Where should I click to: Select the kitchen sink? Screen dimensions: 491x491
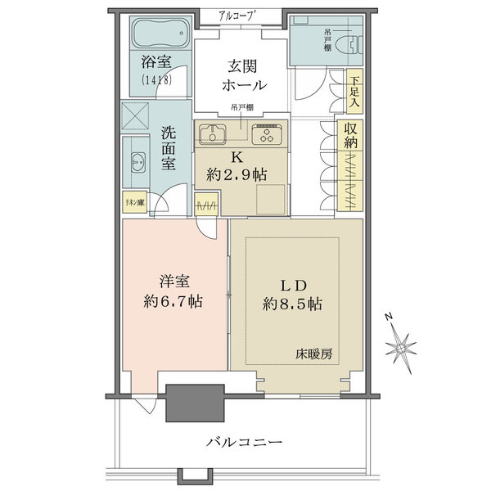[214, 135]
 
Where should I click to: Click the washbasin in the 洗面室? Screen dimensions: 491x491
[135, 162]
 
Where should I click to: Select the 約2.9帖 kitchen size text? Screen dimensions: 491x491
[236, 173]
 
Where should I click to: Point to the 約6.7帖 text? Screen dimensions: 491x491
[172, 301]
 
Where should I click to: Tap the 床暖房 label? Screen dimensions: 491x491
[314, 354]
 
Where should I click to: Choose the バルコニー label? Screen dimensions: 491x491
[244, 442]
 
